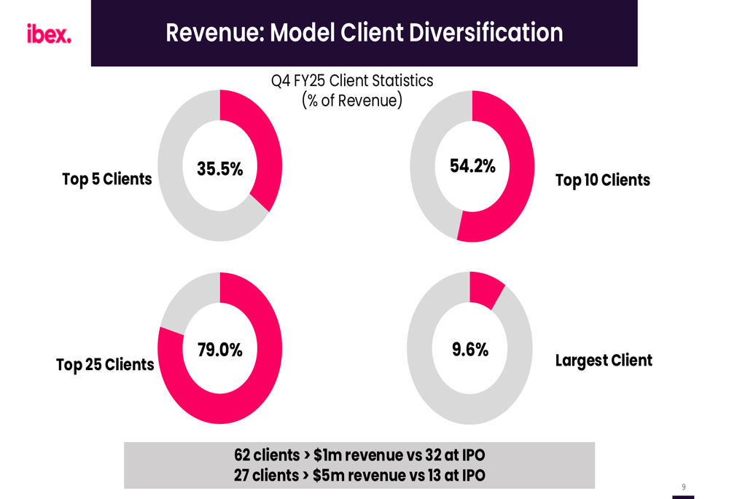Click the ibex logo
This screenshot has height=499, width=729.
click(x=49, y=34)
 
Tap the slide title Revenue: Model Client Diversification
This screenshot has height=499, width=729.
click(x=364, y=33)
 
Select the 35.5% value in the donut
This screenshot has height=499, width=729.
click(x=219, y=169)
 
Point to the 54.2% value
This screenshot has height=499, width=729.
click(x=472, y=166)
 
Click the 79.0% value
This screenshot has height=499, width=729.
click(x=219, y=350)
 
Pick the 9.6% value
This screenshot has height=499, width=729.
click(x=470, y=350)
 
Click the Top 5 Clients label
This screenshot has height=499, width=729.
click(x=107, y=179)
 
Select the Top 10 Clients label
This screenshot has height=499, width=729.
click(x=602, y=180)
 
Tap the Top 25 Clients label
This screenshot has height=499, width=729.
click(x=105, y=364)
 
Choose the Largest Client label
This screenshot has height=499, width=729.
click(x=604, y=361)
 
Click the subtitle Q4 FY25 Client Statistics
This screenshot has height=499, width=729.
click(x=352, y=81)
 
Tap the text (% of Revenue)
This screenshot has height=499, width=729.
click(x=352, y=101)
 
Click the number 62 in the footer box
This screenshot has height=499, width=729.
click(x=242, y=455)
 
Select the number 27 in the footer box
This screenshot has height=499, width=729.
click(x=242, y=476)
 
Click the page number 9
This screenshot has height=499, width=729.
click(x=684, y=487)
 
